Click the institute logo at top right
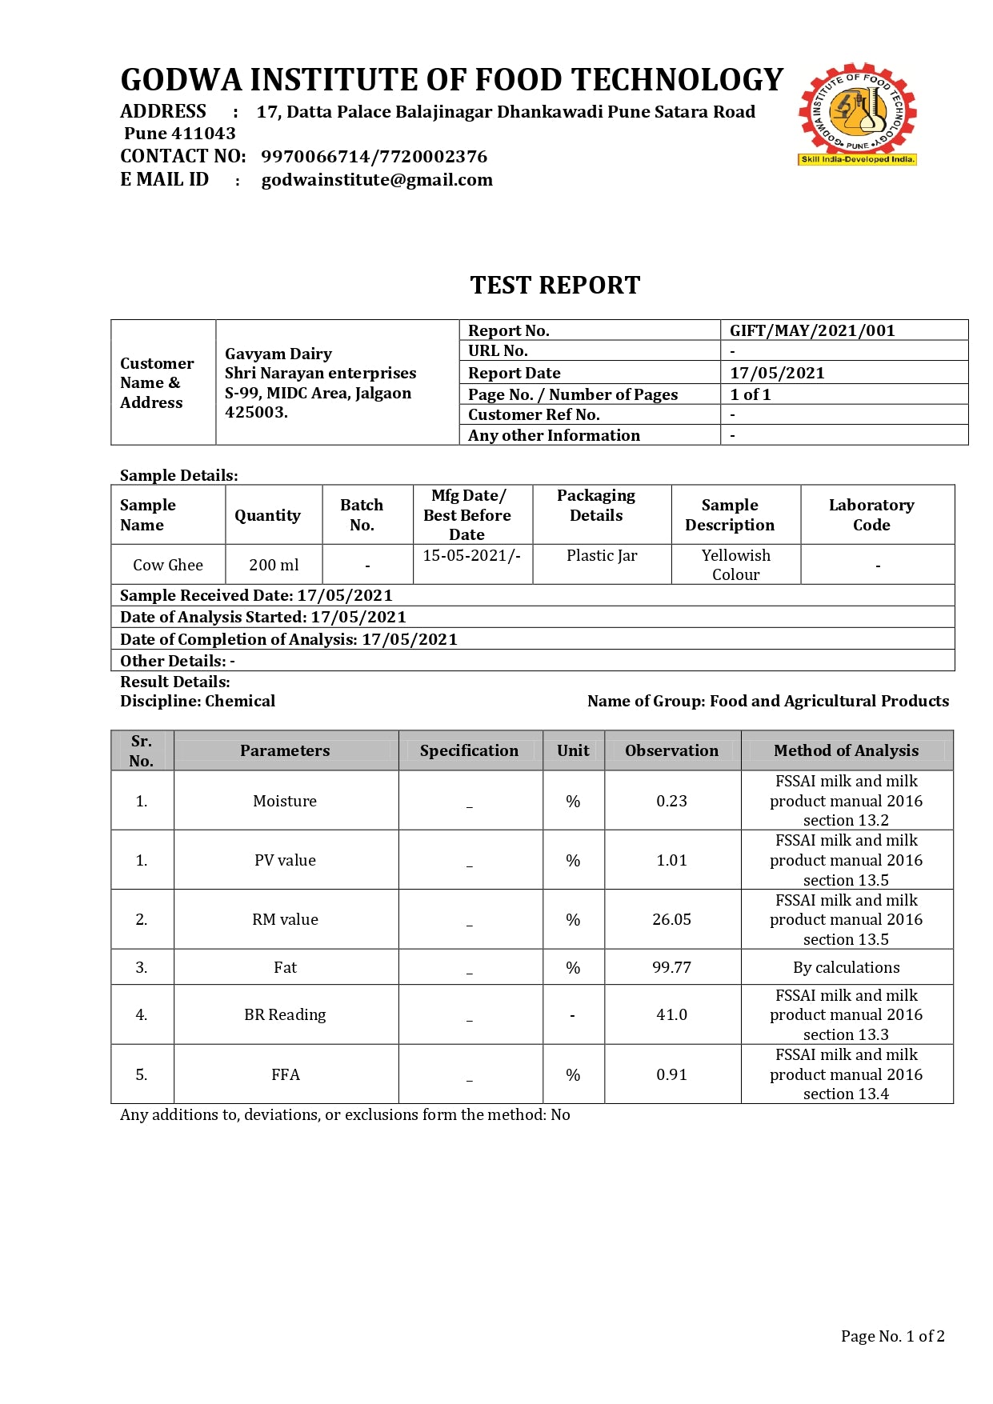(x=857, y=114)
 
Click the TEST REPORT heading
(x=555, y=286)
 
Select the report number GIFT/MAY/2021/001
(x=811, y=330)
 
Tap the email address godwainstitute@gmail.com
(x=377, y=180)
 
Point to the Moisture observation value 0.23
(x=671, y=801)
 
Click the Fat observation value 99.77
(x=671, y=967)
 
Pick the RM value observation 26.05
(x=671, y=919)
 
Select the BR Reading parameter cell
(x=285, y=1014)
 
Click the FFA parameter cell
(x=285, y=1074)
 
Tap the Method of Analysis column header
(x=846, y=750)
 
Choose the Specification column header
(x=469, y=750)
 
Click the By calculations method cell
(x=846, y=967)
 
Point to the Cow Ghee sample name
(x=168, y=565)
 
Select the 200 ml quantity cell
(x=274, y=565)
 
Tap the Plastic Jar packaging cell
(x=602, y=555)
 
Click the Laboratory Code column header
(x=871, y=514)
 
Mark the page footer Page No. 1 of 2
(x=892, y=1336)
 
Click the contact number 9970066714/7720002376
(x=374, y=157)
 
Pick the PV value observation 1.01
(x=671, y=860)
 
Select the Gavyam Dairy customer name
(x=278, y=354)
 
